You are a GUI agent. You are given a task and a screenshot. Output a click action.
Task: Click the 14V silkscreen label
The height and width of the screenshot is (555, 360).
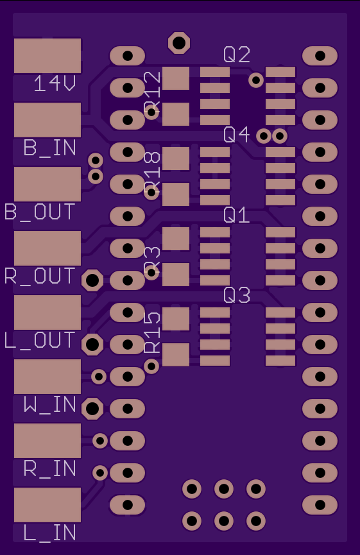(x=55, y=84)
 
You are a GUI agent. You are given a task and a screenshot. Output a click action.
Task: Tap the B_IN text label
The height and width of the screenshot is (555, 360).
(x=50, y=148)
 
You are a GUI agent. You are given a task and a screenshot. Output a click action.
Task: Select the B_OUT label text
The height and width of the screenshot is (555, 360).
(x=40, y=212)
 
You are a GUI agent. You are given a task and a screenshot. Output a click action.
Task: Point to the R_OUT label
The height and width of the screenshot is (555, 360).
(x=40, y=276)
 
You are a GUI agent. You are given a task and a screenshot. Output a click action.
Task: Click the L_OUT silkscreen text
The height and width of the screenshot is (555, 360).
(x=40, y=340)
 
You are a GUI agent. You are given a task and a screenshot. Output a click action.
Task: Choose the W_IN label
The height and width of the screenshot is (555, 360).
(x=50, y=405)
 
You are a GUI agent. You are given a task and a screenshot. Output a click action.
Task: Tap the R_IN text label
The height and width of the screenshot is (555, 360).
(x=50, y=468)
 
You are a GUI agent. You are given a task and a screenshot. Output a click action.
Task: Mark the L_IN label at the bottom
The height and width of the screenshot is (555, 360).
(x=50, y=533)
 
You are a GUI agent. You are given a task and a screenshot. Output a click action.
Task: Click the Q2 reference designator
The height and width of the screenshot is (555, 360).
(x=237, y=55)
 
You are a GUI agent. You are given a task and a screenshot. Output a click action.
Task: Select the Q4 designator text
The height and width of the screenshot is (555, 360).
(x=236, y=135)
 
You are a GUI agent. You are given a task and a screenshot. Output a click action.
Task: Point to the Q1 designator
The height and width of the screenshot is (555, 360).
(x=236, y=215)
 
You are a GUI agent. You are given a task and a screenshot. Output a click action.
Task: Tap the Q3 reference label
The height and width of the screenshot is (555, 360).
(x=237, y=296)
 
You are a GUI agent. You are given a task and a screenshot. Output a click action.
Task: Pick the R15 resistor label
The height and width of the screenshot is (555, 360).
(x=153, y=333)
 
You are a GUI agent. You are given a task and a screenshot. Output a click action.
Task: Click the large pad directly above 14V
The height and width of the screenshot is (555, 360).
(x=47, y=56)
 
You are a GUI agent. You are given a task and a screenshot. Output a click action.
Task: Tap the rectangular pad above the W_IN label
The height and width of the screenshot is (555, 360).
(x=47, y=377)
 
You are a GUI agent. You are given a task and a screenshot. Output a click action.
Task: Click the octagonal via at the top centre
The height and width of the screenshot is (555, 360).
(x=179, y=43)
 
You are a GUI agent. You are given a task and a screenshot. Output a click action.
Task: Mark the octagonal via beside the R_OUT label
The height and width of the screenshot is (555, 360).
(x=92, y=280)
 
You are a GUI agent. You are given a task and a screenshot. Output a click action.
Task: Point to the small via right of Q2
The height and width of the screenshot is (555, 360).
(x=256, y=80)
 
